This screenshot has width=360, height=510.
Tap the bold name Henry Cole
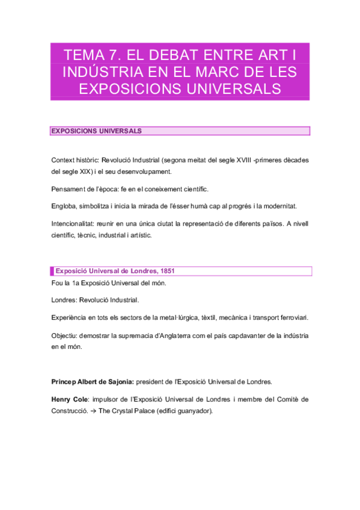[69, 399]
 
